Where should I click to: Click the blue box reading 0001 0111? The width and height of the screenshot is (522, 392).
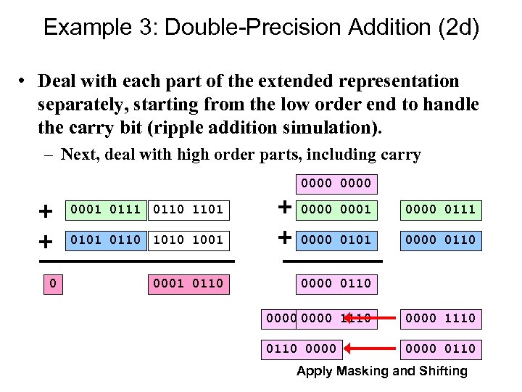click(x=105, y=210)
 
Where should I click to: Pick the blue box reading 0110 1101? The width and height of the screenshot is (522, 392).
click(x=187, y=210)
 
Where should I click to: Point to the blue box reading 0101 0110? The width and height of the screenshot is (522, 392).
click(x=105, y=240)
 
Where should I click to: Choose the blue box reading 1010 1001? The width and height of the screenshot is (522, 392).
click(x=187, y=240)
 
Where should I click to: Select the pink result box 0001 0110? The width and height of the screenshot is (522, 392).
click(x=187, y=282)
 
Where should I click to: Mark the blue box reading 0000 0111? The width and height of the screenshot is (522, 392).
click(x=440, y=210)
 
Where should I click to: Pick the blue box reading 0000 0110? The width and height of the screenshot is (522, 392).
click(x=440, y=240)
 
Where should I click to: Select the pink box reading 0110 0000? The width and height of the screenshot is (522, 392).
click(x=302, y=348)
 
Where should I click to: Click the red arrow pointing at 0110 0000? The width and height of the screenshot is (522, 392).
click(x=370, y=348)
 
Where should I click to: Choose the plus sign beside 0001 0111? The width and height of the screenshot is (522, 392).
click(x=46, y=211)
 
